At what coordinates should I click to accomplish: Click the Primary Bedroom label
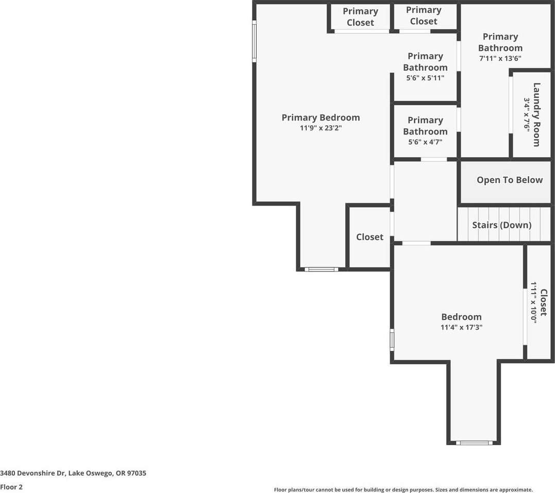(x=321, y=117)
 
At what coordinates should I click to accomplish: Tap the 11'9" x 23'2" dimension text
(x=321, y=128)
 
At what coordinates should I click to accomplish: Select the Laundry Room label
(x=536, y=114)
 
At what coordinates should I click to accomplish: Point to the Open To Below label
(x=509, y=180)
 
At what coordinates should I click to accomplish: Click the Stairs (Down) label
(x=501, y=225)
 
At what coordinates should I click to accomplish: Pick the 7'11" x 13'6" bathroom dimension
(x=500, y=58)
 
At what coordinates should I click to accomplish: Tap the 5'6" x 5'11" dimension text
(x=425, y=78)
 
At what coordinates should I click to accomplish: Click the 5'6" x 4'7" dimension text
(x=425, y=142)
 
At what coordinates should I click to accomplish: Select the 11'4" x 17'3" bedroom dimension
(x=461, y=327)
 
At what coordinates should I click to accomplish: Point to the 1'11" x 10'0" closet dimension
(x=534, y=302)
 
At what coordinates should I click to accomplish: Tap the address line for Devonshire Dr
(x=73, y=473)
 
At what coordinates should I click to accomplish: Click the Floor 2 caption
(x=11, y=487)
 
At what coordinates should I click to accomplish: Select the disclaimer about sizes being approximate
(x=403, y=490)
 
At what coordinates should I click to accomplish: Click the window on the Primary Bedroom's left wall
(x=254, y=41)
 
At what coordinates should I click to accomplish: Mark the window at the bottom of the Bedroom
(x=474, y=443)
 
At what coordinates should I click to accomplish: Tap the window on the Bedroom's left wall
(x=392, y=340)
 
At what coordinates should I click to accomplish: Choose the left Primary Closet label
(x=360, y=17)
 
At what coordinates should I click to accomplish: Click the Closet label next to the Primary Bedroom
(x=369, y=237)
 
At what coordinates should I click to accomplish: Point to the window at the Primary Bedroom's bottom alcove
(x=321, y=269)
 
